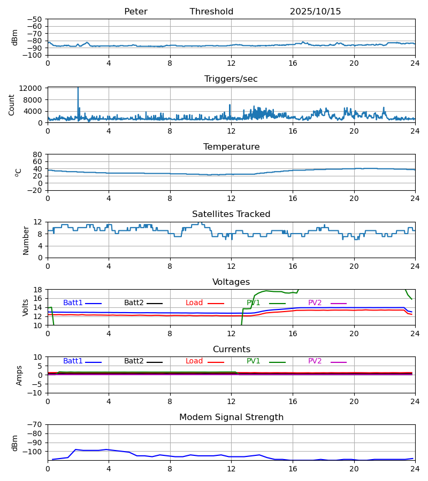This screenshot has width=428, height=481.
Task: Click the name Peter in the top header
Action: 135,12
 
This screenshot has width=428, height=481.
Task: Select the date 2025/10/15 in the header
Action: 315,12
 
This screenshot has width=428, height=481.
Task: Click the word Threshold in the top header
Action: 211,12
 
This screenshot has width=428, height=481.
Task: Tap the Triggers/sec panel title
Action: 231,79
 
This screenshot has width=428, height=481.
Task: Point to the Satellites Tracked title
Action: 231,214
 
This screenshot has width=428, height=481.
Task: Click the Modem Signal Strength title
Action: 231,417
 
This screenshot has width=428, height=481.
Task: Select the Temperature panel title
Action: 231,147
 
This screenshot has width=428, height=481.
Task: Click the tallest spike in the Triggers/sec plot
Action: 78,89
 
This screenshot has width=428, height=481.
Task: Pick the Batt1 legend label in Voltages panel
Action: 73,303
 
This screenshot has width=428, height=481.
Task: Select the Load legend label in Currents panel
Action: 195,361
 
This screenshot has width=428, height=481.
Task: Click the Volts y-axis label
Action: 26,307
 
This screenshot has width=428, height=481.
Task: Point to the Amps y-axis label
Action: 20,375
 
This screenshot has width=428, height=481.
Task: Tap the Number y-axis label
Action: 26,240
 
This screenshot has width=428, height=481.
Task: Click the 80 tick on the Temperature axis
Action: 37,154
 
